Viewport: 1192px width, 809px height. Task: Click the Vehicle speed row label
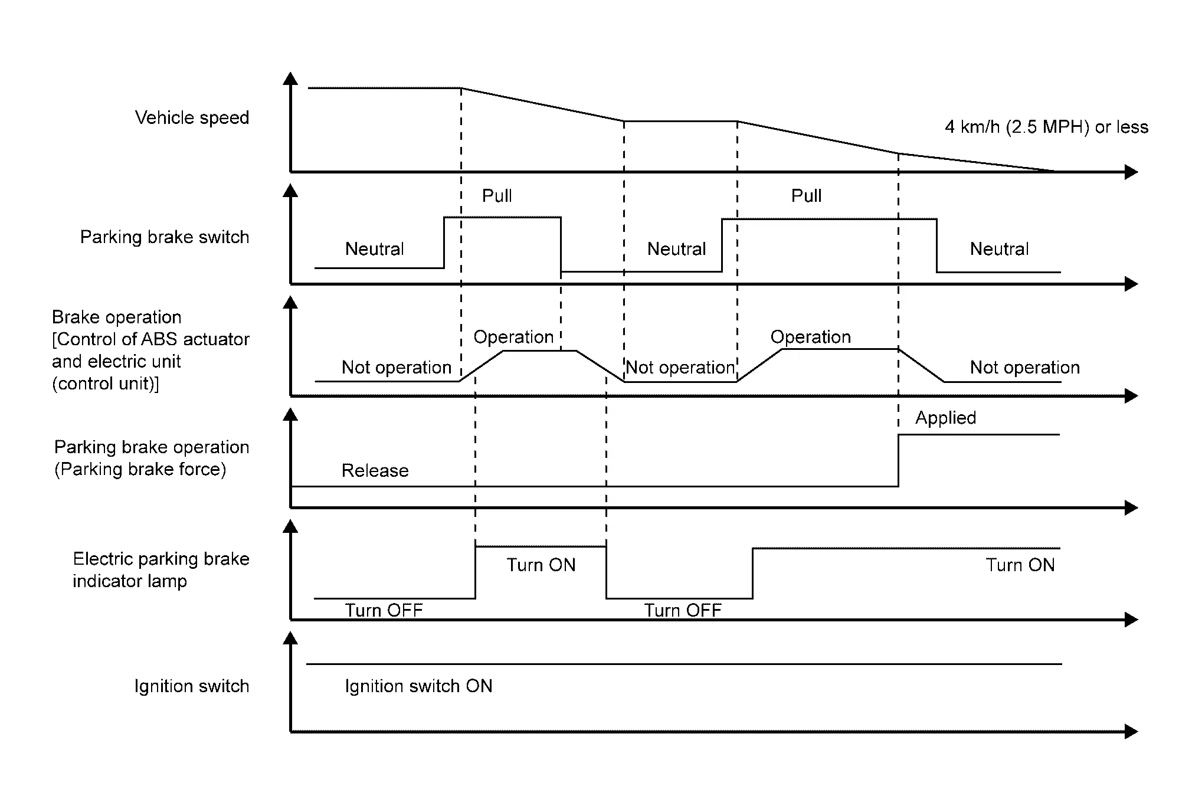click(192, 118)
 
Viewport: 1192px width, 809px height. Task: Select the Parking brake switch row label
click(165, 237)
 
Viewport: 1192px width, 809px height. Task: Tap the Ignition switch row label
click(192, 686)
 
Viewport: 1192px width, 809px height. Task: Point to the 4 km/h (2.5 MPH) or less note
click(1046, 127)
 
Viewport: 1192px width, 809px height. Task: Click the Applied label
click(945, 418)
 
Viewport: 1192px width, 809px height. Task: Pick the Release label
click(375, 471)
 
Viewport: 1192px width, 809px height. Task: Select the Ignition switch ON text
click(418, 686)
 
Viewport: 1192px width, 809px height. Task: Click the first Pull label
click(497, 196)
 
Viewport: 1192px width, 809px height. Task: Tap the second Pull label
click(806, 196)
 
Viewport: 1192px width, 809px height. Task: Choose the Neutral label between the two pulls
click(676, 249)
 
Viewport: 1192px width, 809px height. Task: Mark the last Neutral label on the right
click(999, 249)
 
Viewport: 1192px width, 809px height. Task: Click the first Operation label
click(513, 337)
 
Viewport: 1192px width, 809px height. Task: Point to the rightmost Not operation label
click(1024, 368)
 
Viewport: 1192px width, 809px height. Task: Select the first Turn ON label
click(541, 565)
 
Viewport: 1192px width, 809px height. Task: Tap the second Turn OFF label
click(683, 610)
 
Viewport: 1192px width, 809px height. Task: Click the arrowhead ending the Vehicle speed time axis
click(1131, 172)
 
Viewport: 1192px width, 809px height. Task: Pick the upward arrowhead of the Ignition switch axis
click(290, 638)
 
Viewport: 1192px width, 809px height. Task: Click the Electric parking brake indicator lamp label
click(161, 570)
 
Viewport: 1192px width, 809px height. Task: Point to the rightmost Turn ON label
click(1020, 565)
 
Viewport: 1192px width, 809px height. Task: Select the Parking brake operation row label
click(151, 458)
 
